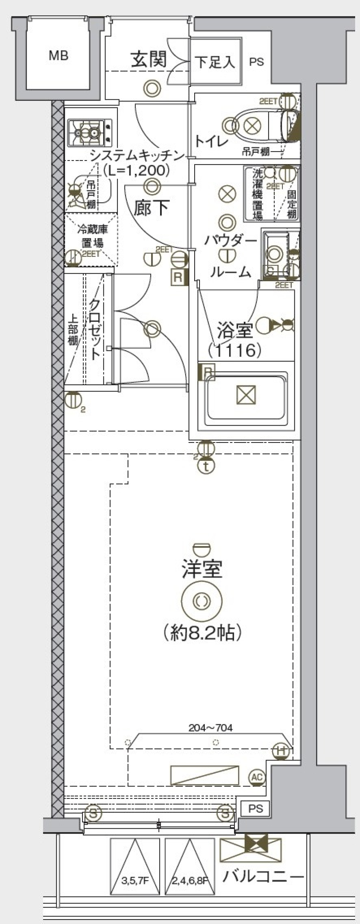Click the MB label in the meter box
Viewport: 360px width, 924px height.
click(x=58, y=56)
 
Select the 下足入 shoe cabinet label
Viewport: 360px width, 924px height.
click(x=215, y=62)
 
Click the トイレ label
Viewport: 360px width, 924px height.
click(x=211, y=142)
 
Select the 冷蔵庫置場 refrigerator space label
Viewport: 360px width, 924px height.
click(x=92, y=236)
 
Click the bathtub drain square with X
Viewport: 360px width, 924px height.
click(x=246, y=395)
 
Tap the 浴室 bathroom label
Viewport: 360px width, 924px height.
click(x=234, y=331)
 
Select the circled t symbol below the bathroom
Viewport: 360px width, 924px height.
click(x=206, y=466)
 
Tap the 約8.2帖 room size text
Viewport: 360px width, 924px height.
click(x=202, y=633)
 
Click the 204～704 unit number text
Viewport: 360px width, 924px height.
click(x=210, y=728)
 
